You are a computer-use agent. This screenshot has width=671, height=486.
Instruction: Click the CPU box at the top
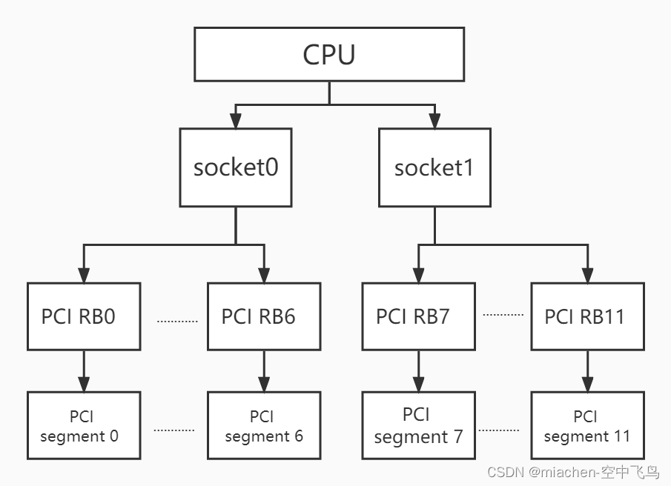pos(329,54)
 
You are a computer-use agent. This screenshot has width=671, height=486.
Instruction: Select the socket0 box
pos(236,167)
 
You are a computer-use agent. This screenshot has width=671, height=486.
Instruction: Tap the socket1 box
pos(434,167)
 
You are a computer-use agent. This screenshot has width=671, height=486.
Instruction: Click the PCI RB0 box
pos(83,316)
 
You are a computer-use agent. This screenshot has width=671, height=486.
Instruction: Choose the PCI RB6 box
pos(264,316)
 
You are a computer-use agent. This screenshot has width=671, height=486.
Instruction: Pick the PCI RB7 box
pos(418,316)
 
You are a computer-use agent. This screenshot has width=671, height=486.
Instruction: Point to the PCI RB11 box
pos(588,316)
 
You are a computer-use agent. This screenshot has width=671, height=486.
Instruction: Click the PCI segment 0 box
pos(83,427)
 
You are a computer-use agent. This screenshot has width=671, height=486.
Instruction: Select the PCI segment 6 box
pos(264,427)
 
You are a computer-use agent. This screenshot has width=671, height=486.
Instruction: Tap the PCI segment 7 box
pos(418,427)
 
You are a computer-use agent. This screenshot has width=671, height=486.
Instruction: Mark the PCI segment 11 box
pos(588,427)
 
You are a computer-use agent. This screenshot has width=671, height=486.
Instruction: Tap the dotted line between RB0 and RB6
pos(177,322)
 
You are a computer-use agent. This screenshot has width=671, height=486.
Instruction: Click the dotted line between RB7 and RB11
pos(503,314)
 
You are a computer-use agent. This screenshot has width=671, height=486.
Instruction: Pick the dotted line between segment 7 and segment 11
pos(499,429)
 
